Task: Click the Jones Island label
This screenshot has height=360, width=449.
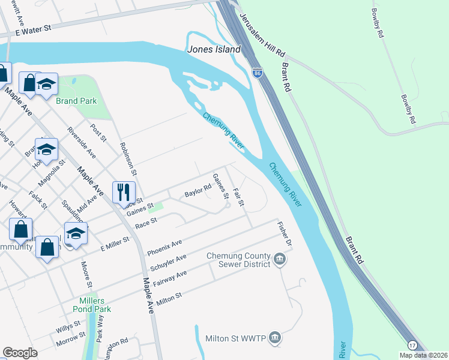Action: click(x=214, y=50)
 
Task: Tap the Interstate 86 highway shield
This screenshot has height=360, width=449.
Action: click(x=257, y=71)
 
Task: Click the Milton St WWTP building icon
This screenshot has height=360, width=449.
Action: click(x=275, y=338)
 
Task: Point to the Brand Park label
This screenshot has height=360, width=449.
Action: click(x=76, y=101)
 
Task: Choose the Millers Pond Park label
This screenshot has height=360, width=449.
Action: click(x=95, y=305)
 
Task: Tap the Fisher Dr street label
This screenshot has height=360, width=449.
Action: click(x=284, y=236)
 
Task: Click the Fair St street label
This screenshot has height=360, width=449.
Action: click(x=239, y=197)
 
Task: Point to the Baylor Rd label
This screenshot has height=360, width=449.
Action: click(x=198, y=190)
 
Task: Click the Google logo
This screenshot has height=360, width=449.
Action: click(x=20, y=353)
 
